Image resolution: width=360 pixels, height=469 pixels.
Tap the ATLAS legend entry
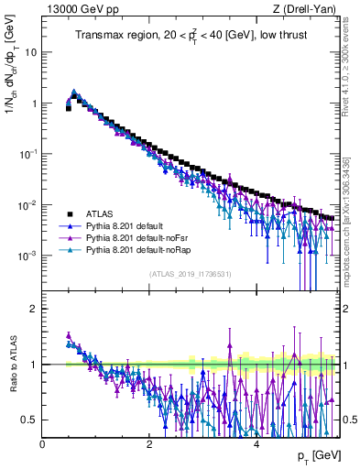[x=102, y=213]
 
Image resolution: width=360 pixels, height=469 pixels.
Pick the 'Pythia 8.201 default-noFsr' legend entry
[x=142, y=237]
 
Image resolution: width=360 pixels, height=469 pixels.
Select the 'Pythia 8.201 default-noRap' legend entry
[x=143, y=249]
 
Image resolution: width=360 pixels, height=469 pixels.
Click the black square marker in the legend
[x=70, y=213]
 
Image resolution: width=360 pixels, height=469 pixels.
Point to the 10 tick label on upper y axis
[x=29, y=52]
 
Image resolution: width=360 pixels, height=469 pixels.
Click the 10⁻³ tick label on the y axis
[x=27, y=256]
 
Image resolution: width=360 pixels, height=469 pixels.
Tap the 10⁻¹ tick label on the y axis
[x=27, y=154]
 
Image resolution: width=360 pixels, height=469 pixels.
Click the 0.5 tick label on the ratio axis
[x=31, y=420]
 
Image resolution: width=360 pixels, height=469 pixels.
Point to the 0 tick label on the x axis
[x=43, y=444]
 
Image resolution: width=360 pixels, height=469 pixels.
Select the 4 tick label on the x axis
[x=256, y=444]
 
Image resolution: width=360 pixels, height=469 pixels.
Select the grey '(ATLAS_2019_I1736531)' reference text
[x=191, y=274]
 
